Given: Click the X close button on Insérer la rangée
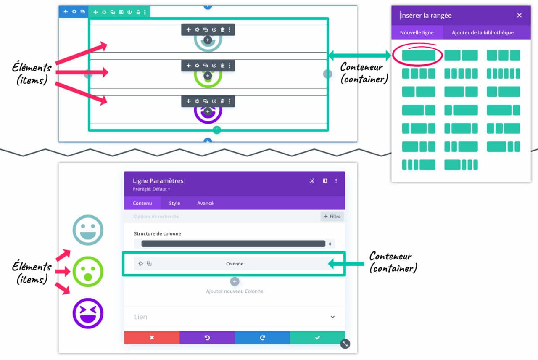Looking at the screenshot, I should coord(519,15).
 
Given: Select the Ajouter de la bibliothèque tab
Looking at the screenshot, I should coord(483,32).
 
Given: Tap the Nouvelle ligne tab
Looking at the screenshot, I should coord(417,32).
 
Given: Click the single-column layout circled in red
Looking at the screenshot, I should coord(419,55).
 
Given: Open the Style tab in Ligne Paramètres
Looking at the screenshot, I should coord(174,203).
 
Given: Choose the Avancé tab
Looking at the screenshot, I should coord(205,203).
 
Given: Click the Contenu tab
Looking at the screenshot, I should coord(142,203).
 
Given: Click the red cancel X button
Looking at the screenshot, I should coord(152,338).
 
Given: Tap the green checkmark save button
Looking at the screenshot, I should coord(317,338).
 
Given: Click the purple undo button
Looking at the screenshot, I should coord(207,338).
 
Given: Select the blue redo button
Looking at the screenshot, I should coord(262,338).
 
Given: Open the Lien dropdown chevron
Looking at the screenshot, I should coord(332,317).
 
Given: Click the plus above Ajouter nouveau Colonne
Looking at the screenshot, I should coord(235,281).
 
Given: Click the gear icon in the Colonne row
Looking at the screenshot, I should coord(141,264).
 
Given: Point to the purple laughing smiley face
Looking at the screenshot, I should coord(88,313).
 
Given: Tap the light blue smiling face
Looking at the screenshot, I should coord(88,230).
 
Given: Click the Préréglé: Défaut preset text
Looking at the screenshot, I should coord(152,189).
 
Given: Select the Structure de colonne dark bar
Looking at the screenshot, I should coord(233,244).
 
